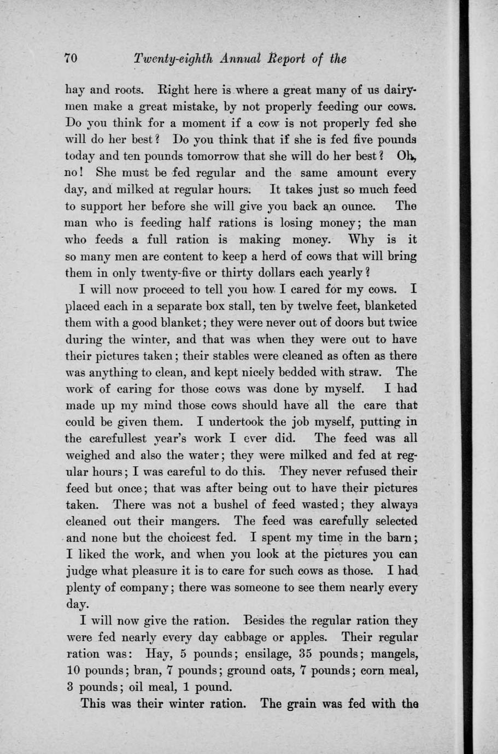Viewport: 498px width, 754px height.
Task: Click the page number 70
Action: [x=72, y=59]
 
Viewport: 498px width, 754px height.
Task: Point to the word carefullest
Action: [x=114, y=439]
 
